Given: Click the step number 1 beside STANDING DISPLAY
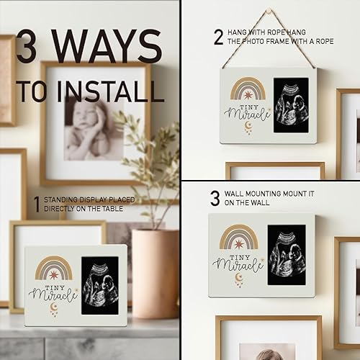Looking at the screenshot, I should point(36,204).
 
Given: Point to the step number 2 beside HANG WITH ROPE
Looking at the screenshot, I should point(218,37).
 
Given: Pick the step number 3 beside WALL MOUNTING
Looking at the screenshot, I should point(215,198).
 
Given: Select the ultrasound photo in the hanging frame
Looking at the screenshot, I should point(291,104).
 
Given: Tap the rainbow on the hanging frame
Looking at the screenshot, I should point(248,89).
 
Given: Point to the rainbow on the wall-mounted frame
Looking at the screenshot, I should point(238,237).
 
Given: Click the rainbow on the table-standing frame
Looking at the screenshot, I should point(53,269).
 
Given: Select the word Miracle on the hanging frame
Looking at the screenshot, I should point(246,113).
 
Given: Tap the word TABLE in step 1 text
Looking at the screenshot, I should point(114,209).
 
